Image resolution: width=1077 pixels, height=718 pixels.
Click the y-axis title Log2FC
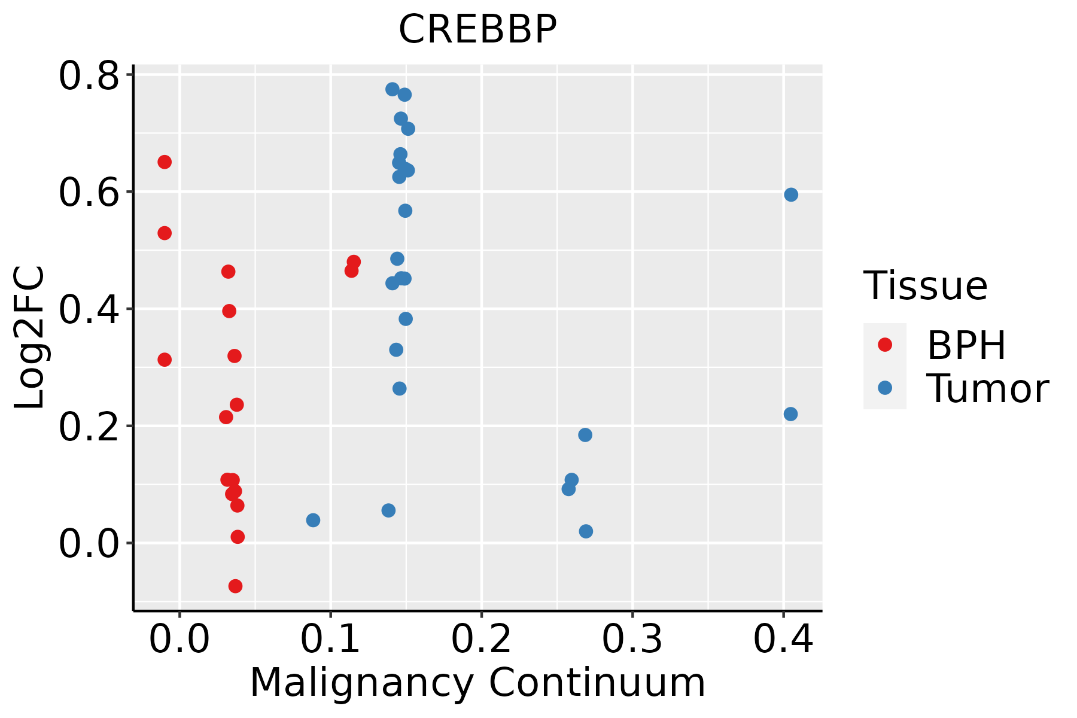click(x=30, y=337)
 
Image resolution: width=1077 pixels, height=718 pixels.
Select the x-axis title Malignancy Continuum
click(x=477, y=683)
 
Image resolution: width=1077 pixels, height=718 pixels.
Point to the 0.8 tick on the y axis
click(x=89, y=77)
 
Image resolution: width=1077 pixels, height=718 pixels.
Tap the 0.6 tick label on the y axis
click(x=89, y=193)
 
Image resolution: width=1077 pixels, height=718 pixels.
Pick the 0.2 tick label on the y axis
click(x=89, y=427)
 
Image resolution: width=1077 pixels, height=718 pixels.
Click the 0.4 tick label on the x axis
click(x=783, y=639)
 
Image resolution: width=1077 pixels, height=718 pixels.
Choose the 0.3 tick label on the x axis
click(x=632, y=639)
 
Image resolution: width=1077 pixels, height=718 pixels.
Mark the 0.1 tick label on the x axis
click(x=330, y=639)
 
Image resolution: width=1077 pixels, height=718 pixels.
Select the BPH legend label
click(x=966, y=345)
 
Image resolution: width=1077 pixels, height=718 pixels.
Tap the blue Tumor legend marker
click(x=884, y=388)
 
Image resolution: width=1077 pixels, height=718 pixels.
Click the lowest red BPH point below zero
click(x=235, y=586)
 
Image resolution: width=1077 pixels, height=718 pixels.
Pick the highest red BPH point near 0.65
click(x=165, y=162)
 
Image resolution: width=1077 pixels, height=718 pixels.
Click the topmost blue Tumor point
click(x=393, y=89)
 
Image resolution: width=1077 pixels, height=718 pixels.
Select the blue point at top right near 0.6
click(x=791, y=194)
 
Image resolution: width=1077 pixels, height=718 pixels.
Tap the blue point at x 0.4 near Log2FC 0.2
click(x=790, y=414)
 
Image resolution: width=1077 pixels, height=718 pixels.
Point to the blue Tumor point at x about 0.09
click(x=313, y=520)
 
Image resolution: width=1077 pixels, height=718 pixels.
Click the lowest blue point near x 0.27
click(x=586, y=531)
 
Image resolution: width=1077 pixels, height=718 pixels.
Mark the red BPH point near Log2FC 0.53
click(x=165, y=233)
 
